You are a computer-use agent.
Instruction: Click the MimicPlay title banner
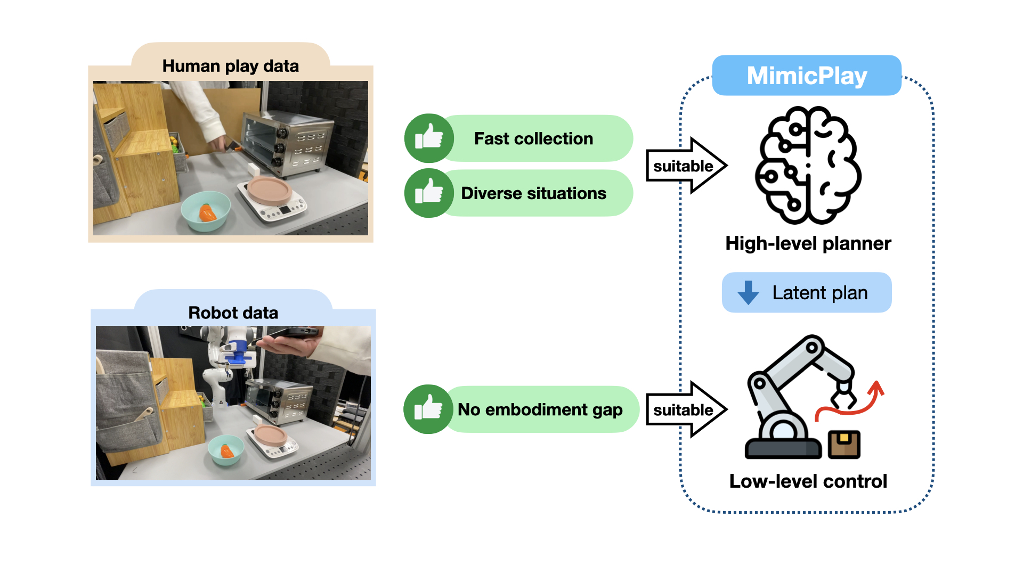pyautogui.click(x=807, y=76)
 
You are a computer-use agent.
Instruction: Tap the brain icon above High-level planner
pyautogui.click(x=808, y=165)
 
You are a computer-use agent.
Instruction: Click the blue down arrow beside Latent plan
pyautogui.click(x=748, y=292)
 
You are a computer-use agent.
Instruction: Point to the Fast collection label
pyautogui.click(x=533, y=138)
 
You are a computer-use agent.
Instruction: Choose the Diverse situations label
pyautogui.click(x=533, y=193)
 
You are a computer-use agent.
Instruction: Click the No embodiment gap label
pyautogui.click(x=540, y=409)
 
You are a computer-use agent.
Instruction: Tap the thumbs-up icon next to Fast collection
pyautogui.click(x=429, y=138)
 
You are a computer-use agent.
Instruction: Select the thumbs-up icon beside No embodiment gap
pyautogui.click(x=428, y=409)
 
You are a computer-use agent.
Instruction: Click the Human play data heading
pyautogui.click(x=230, y=66)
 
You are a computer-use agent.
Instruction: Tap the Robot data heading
pyautogui.click(x=233, y=313)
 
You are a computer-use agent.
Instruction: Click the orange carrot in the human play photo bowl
pyautogui.click(x=207, y=213)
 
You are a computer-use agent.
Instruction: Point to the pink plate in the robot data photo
pyautogui.click(x=271, y=435)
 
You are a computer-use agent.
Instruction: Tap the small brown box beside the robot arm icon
pyautogui.click(x=844, y=444)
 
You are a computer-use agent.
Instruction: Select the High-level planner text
pyautogui.click(x=808, y=243)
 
